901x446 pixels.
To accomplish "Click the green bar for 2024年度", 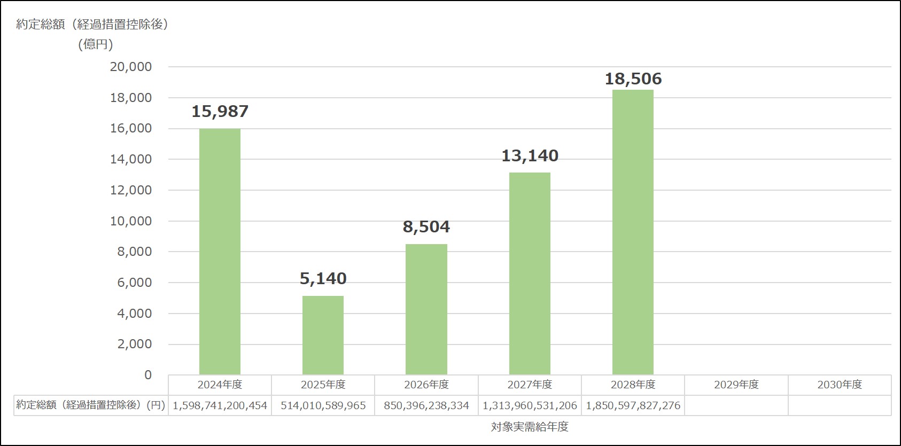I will coord(220,251).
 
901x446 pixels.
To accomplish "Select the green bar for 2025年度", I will coord(323,335).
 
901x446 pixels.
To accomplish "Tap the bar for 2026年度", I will coord(426,309).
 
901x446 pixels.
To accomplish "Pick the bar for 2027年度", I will coord(530,273).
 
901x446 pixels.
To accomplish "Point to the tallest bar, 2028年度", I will coord(633,232).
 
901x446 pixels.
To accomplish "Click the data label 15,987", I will coord(220,112).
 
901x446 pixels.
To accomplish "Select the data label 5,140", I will coord(323,279).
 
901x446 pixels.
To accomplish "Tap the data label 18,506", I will coord(633,79).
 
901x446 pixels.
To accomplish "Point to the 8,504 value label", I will coord(426,227).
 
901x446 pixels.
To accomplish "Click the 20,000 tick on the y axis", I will coord(131,67).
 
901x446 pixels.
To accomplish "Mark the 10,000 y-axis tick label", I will coord(131,221).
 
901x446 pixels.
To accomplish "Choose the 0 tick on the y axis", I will coord(148,375).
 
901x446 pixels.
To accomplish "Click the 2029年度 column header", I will coord(736,385).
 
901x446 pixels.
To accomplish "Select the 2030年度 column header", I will coord(840,385).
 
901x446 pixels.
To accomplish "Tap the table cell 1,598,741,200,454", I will coord(220,405).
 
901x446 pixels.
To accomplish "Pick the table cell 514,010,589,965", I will coord(323,405).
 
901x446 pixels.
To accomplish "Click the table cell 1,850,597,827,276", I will coord(633,405).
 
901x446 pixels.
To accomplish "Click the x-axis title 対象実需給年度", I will coord(530,427).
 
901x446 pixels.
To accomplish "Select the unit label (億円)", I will coord(96,44).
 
